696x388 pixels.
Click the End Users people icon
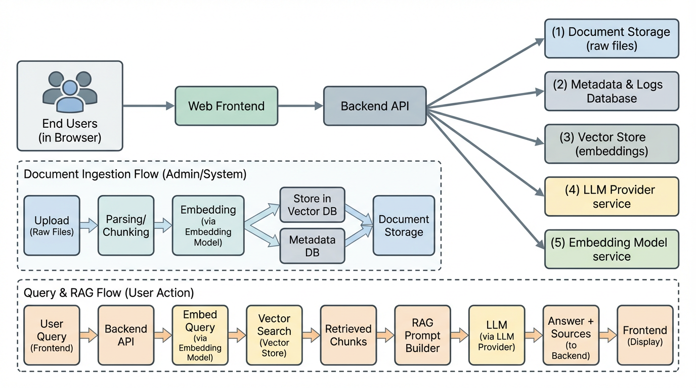(x=70, y=91)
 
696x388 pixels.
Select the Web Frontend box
(x=226, y=106)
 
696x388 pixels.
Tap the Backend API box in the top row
(x=375, y=106)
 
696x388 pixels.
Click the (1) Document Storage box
(x=612, y=38)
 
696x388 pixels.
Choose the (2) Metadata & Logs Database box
(x=612, y=91)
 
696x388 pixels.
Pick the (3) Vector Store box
(x=612, y=143)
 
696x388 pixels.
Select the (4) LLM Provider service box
(x=612, y=197)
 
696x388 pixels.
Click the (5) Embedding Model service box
(x=612, y=249)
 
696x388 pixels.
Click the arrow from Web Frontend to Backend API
(x=300, y=106)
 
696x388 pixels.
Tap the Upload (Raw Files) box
(x=52, y=225)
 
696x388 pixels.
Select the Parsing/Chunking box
(x=126, y=225)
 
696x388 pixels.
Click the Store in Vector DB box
(x=312, y=205)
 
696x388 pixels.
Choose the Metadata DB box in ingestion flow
(x=312, y=246)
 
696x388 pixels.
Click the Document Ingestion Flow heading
(x=135, y=174)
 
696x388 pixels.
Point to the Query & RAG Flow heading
(x=109, y=293)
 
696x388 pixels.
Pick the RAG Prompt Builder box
(x=422, y=335)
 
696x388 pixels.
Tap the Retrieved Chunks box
(x=348, y=335)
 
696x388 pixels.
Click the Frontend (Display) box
(x=645, y=335)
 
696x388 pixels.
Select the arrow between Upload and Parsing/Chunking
(x=89, y=225)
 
